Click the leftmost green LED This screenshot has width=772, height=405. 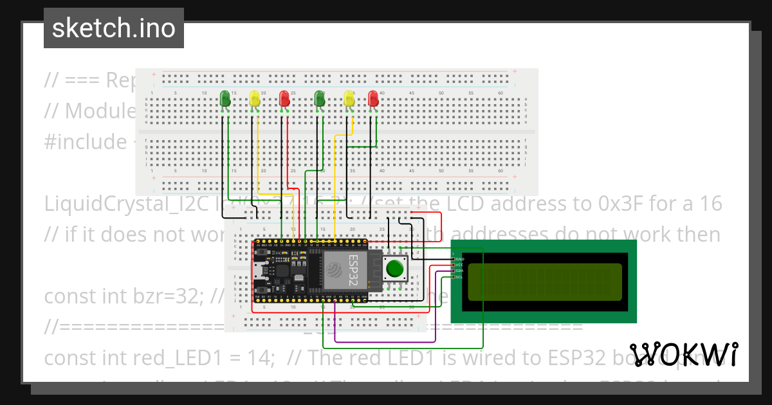pyautogui.click(x=225, y=98)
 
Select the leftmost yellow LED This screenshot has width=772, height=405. pyautogui.click(x=255, y=98)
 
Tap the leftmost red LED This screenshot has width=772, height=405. pyautogui.click(x=284, y=98)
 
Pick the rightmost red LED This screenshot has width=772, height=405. pyautogui.click(x=373, y=98)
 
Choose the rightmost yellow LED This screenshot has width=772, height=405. pyautogui.click(x=349, y=98)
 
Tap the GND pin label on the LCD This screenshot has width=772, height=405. pyautogui.click(x=459, y=258)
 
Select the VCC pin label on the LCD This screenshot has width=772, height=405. pyautogui.click(x=459, y=264)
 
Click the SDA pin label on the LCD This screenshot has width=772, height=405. pyautogui.click(x=459, y=271)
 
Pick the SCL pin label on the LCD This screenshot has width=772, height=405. pyautogui.click(x=459, y=276)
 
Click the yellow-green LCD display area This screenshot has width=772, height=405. pyautogui.click(x=544, y=282)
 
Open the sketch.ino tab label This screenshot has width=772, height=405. pyautogui.click(x=114, y=28)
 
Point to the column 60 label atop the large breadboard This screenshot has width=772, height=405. pyautogui.click(x=501, y=93)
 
